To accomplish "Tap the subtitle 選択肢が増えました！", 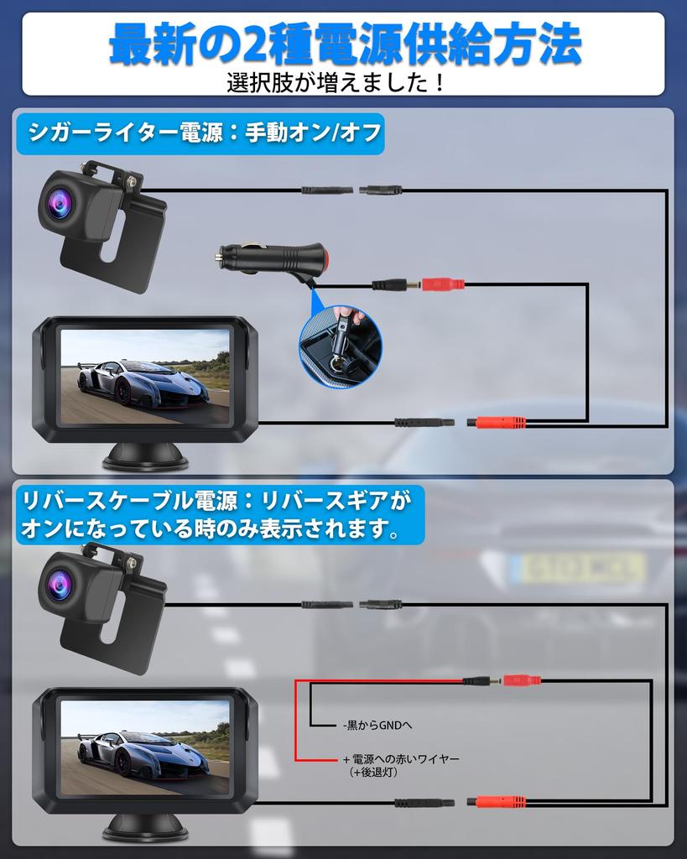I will pos(336,84).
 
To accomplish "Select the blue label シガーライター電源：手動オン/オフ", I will pos(200,133).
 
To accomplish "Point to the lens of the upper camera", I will pos(60,200).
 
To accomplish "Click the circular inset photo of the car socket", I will pos(341,346).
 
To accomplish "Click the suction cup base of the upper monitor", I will pos(145,458).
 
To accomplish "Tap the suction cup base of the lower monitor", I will pos(145,828).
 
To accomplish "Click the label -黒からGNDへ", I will pos(377,725).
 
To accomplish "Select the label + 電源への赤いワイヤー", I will pos(401,758).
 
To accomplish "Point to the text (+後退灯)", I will pos(373,772).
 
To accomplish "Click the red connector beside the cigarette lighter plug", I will pos(441,284).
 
